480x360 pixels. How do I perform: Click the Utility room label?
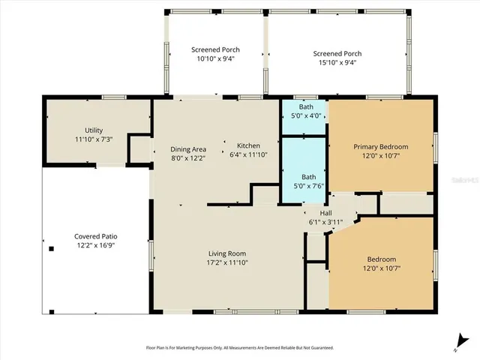94,130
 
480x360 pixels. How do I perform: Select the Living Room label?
226,253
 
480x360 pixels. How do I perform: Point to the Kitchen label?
248,145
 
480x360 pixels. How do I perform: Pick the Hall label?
325,212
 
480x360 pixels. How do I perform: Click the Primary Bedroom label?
380,146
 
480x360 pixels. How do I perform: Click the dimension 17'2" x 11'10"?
226,263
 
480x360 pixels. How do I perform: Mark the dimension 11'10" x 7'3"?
94,139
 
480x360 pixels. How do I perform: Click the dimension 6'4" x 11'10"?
248,154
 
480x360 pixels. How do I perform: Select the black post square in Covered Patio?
51,248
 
